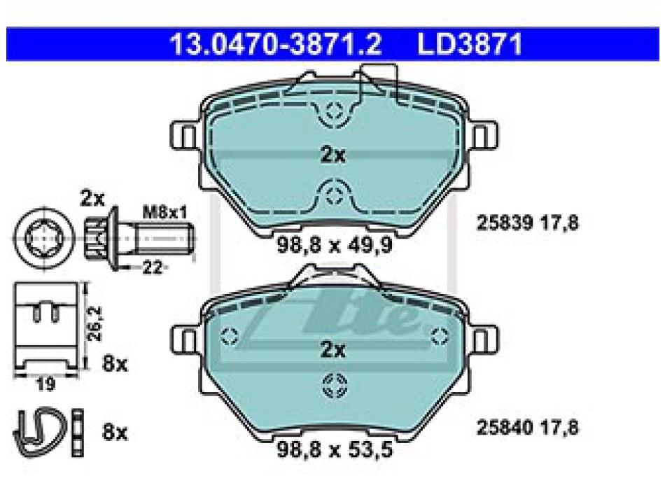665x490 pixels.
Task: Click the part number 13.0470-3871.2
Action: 276,44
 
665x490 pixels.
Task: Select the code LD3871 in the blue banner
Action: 470,44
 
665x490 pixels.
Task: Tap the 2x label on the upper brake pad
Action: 333,155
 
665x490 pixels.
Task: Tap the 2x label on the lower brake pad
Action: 333,349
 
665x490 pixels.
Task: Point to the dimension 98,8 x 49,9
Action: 335,245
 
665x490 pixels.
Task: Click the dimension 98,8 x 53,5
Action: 335,449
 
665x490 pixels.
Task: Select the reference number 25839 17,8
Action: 528,223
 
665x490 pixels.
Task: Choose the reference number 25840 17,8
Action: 528,427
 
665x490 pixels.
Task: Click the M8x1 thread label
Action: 165,212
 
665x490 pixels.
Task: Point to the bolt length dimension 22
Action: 152,267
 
